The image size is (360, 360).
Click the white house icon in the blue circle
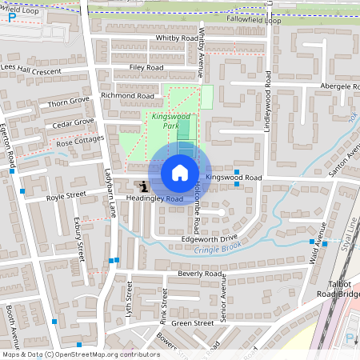tap(180, 172)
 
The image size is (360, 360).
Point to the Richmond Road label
tap(127, 95)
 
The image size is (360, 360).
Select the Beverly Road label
tap(200, 273)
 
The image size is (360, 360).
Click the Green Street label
tap(193, 323)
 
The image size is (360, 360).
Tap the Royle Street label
tap(66, 195)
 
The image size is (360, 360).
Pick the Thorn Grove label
tap(69, 103)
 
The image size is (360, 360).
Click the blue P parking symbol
tap(12, 15)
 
